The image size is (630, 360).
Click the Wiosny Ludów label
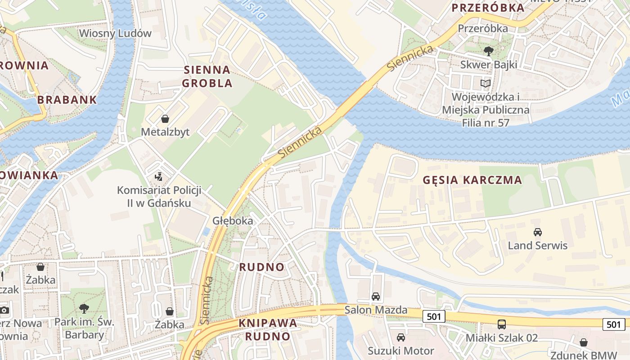(x=115, y=33)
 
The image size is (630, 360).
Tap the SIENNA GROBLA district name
(x=207, y=76)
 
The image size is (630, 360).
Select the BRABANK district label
(x=67, y=100)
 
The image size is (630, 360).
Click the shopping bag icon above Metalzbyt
(x=165, y=119)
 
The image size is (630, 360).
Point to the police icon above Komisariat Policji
(x=158, y=176)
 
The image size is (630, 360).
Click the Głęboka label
(x=233, y=221)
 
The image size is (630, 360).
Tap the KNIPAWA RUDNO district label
(x=268, y=329)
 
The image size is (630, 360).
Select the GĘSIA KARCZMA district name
(x=472, y=180)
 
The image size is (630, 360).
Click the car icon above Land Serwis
(x=537, y=232)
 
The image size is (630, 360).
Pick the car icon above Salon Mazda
(x=375, y=297)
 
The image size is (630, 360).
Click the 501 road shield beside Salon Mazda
(x=434, y=316)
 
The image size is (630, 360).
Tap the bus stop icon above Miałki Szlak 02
(x=501, y=324)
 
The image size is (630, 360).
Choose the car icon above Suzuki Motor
(x=400, y=337)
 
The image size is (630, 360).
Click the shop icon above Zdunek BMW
(x=584, y=342)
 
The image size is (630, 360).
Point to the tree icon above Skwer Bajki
(x=488, y=51)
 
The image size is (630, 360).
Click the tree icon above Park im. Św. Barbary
(x=84, y=309)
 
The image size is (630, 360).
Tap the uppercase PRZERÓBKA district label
(x=488, y=8)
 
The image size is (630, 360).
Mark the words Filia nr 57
(x=485, y=122)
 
